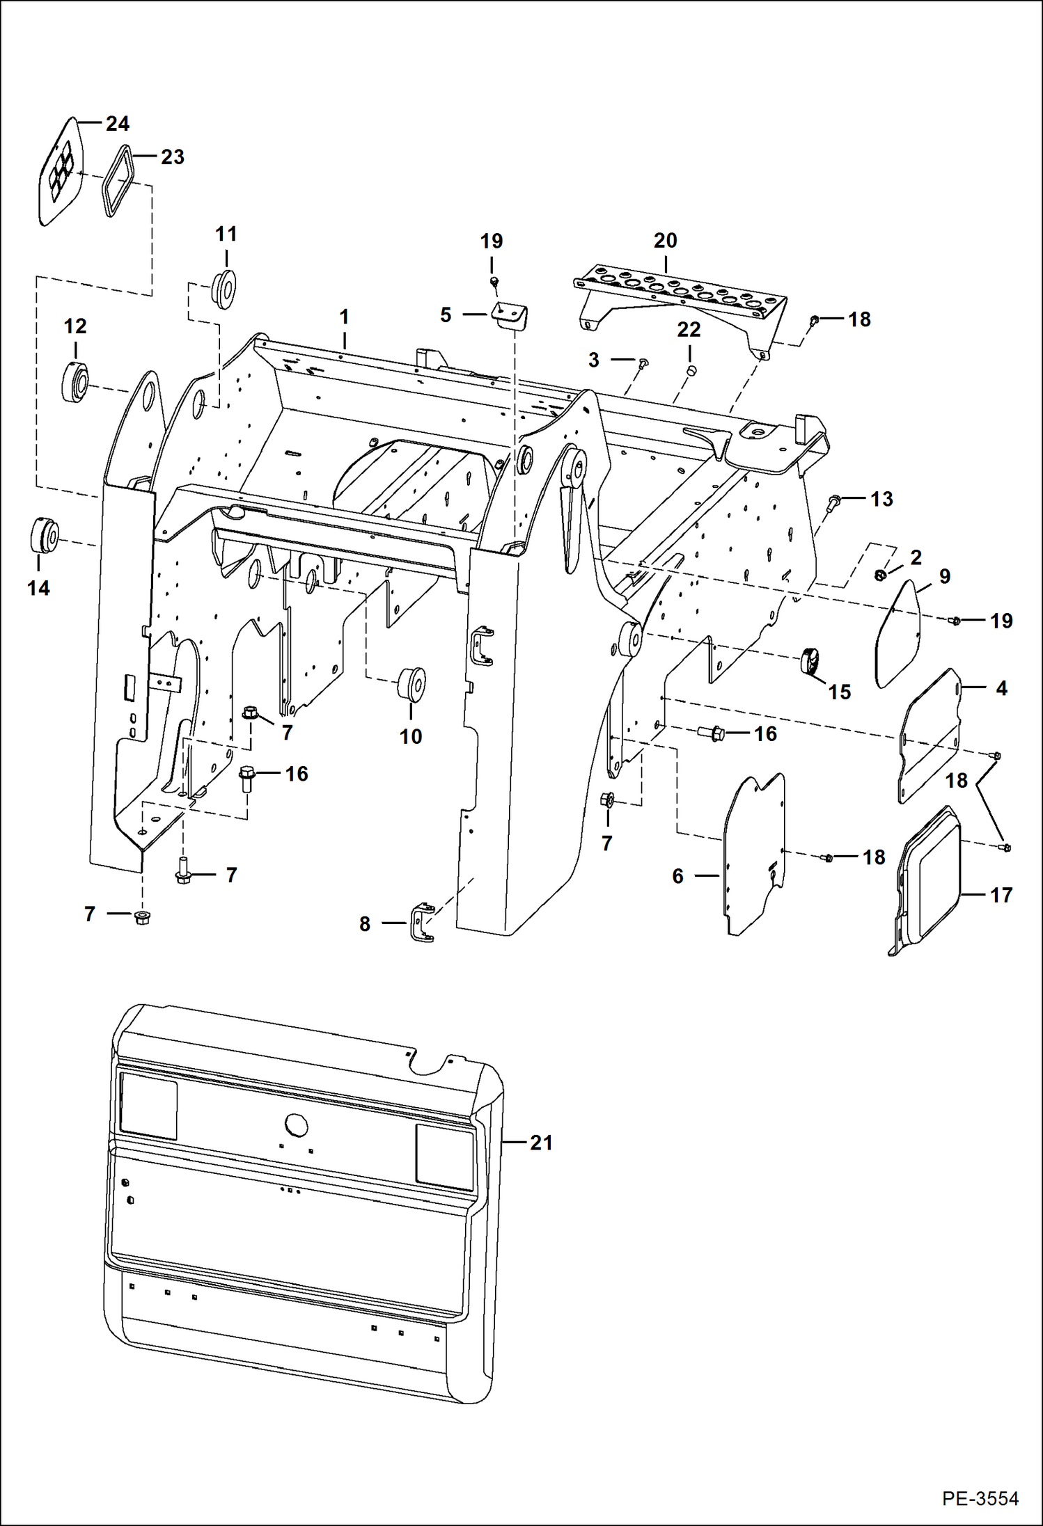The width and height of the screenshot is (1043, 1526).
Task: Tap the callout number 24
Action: coord(117,124)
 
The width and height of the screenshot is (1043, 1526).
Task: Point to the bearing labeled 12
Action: coord(74,382)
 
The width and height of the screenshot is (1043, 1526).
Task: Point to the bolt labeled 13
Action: coord(833,502)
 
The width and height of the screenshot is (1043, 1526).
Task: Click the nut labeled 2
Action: coord(881,575)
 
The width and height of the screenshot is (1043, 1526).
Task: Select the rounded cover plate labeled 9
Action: coord(897,634)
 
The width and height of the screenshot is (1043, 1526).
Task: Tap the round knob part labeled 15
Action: coord(810,660)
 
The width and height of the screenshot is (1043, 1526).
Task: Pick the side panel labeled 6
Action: coord(754,854)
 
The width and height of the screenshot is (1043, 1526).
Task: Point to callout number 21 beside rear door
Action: coord(541,1143)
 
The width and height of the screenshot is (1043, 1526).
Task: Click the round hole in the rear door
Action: coord(296,1124)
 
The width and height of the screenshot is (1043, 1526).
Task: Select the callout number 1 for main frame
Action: coord(344,317)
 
